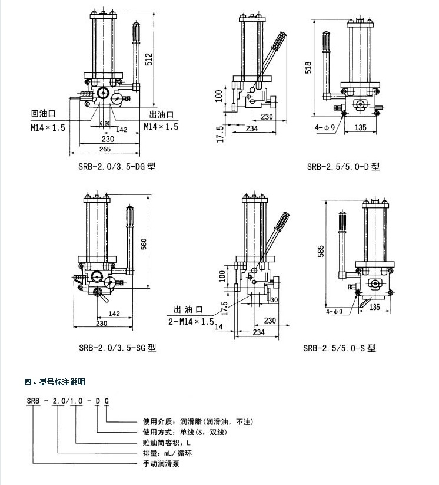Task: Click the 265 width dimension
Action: tap(106, 150)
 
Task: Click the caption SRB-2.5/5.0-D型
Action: tap(343, 167)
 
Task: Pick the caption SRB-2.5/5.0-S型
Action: tap(340, 348)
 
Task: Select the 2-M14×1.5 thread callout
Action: tap(189, 321)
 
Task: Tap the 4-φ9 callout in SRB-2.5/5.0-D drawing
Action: tap(325, 127)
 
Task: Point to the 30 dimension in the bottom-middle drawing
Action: tap(274, 299)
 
